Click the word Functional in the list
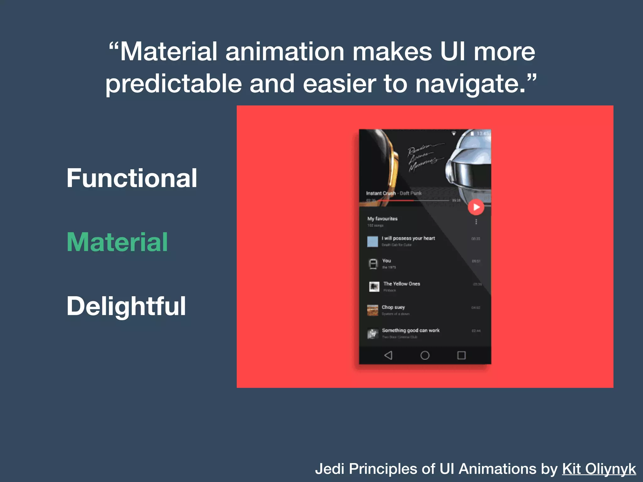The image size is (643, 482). click(x=132, y=178)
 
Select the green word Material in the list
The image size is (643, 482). click(x=117, y=242)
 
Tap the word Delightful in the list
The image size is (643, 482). click(x=126, y=306)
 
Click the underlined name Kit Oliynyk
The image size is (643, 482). click(x=599, y=469)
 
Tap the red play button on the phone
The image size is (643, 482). click(x=476, y=207)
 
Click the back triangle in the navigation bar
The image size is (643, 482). click(x=388, y=355)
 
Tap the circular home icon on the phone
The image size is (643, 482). click(x=425, y=355)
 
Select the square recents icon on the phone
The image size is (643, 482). click(x=461, y=355)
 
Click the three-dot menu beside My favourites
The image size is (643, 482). click(x=476, y=222)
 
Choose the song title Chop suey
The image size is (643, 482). click(x=393, y=307)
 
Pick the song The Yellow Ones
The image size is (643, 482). click(x=402, y=284)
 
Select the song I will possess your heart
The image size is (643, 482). click(x=408, y=238)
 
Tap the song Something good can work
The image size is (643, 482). click(x=411, y=330)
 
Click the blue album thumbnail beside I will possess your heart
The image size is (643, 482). click(x=373, y=241)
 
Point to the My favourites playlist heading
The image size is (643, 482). click(x=382, y=219)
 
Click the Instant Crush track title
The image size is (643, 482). click(x=381, y=193)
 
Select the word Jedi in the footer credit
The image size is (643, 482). click(x=330, y=469)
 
